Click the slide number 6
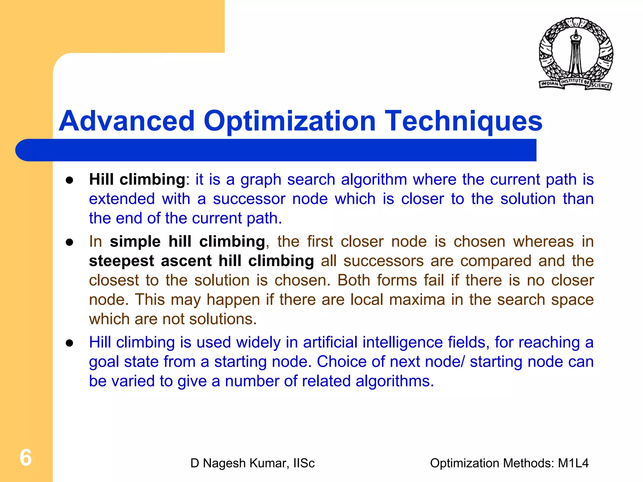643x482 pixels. (26, 457)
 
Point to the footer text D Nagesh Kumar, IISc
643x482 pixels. (252, 463)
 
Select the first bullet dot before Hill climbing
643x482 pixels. (69, 180)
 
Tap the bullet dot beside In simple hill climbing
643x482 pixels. (69, 242)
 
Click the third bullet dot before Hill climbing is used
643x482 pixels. (69, 343)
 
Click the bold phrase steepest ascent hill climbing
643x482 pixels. (201, 261)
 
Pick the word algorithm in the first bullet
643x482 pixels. (374, 180)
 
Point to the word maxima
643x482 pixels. (417, 299)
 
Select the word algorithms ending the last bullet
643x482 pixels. (394, 381)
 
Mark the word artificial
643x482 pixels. (330, 342)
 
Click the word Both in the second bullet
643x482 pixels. (354, 280)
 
